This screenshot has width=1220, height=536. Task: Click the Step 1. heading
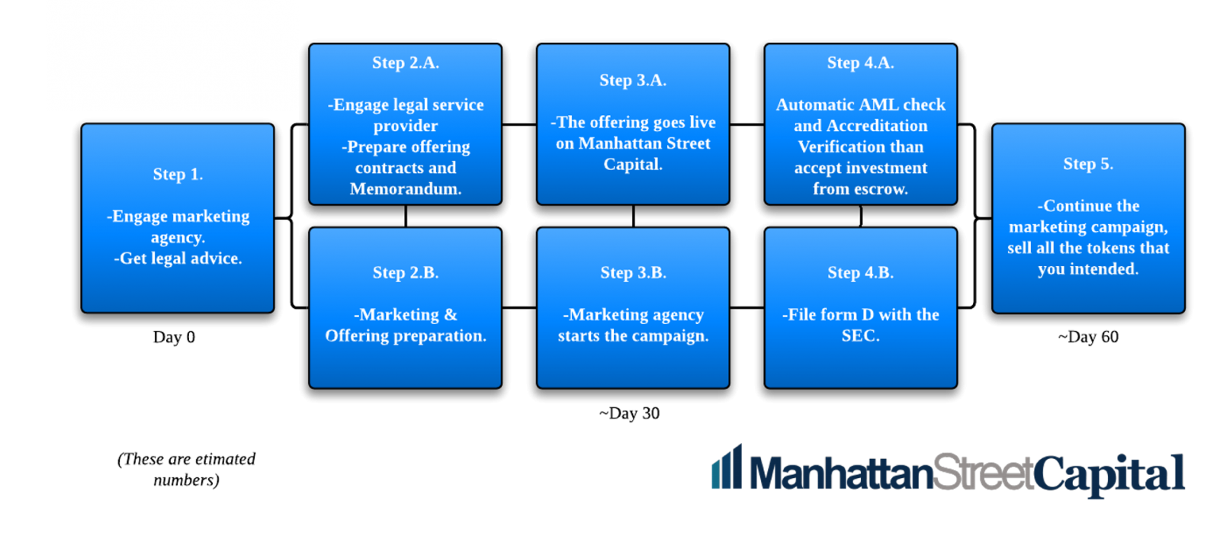click(x=178, y=175)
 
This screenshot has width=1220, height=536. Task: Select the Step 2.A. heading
click(x=405, y=63)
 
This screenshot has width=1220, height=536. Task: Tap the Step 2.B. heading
click(x=405, y=272)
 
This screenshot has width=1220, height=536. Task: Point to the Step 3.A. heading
click(x=633, y=80)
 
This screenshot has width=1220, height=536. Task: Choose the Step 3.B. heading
click(x=633, y=272)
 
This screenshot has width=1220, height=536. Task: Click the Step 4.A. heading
click(x=861, y=63)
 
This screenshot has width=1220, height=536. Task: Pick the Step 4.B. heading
click(x=861, y=272)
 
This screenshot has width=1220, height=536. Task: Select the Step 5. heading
click(x=1088, y=164)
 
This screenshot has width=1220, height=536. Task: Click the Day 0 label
click(x=174, y=337)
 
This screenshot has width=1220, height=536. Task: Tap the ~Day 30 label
click(x=629, y=413)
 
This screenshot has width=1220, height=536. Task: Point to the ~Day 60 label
click(x=1088, y=337)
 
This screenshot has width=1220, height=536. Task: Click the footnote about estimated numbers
click(x=186, y=470)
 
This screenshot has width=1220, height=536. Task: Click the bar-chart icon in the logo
click(x=727, y=467)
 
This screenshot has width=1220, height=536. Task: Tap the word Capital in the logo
click(x=1109, y=475)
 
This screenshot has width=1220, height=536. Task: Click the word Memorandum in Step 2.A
click(x=405, y=189)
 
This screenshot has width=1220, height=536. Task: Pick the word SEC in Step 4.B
click(x=861, y=335)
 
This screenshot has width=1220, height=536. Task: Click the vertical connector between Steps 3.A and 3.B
click(x=634, y=217)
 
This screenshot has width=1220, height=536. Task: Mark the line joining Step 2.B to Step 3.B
click(x=519, y=308)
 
